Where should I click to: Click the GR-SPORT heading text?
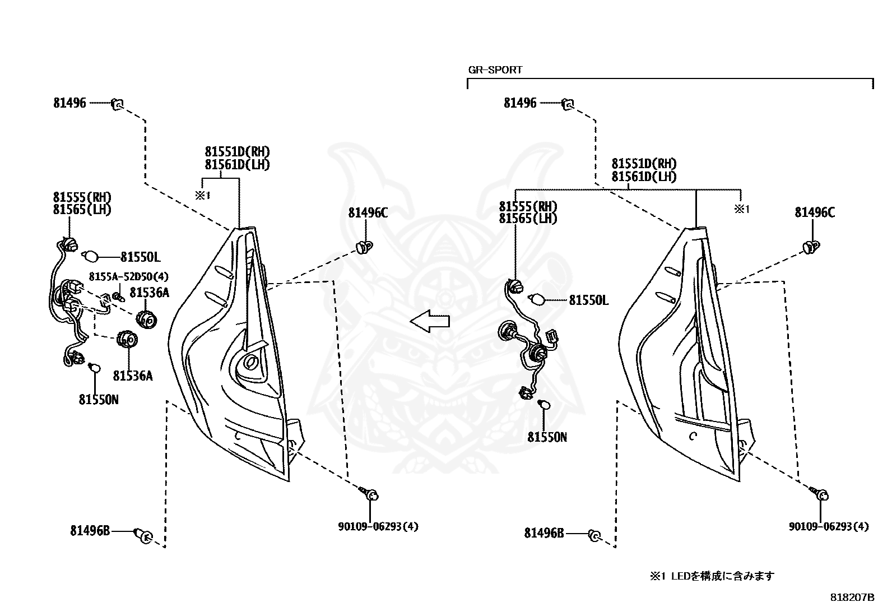tap(495, 70)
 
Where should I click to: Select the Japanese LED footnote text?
tap(712, 576)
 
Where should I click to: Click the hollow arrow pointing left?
tap(430, 321)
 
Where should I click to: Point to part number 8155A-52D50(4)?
tap(128, 277)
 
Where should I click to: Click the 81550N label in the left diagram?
tap(99, 400)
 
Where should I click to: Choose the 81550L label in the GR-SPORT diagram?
tap(588, 300)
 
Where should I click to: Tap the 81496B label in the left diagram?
tap(90, 530)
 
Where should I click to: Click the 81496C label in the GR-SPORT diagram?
tap(815, 213)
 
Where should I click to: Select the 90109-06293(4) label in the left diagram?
tap(378, 526)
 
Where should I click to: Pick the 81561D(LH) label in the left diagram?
tap(237, 165)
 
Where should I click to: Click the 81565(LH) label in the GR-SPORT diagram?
tap(528, 219)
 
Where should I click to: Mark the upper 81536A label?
tap(149, 293)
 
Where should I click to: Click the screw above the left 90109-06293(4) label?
tap(371, 494)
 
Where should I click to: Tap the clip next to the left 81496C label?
tap(365, 246)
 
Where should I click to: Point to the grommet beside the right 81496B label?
tap(594, 536)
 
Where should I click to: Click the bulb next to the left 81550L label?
tap(91, 257)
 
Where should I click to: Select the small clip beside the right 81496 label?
tap(568, 104)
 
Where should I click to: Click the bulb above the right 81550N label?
tap(543, 405)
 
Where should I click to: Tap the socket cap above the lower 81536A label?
tap(126, 339)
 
